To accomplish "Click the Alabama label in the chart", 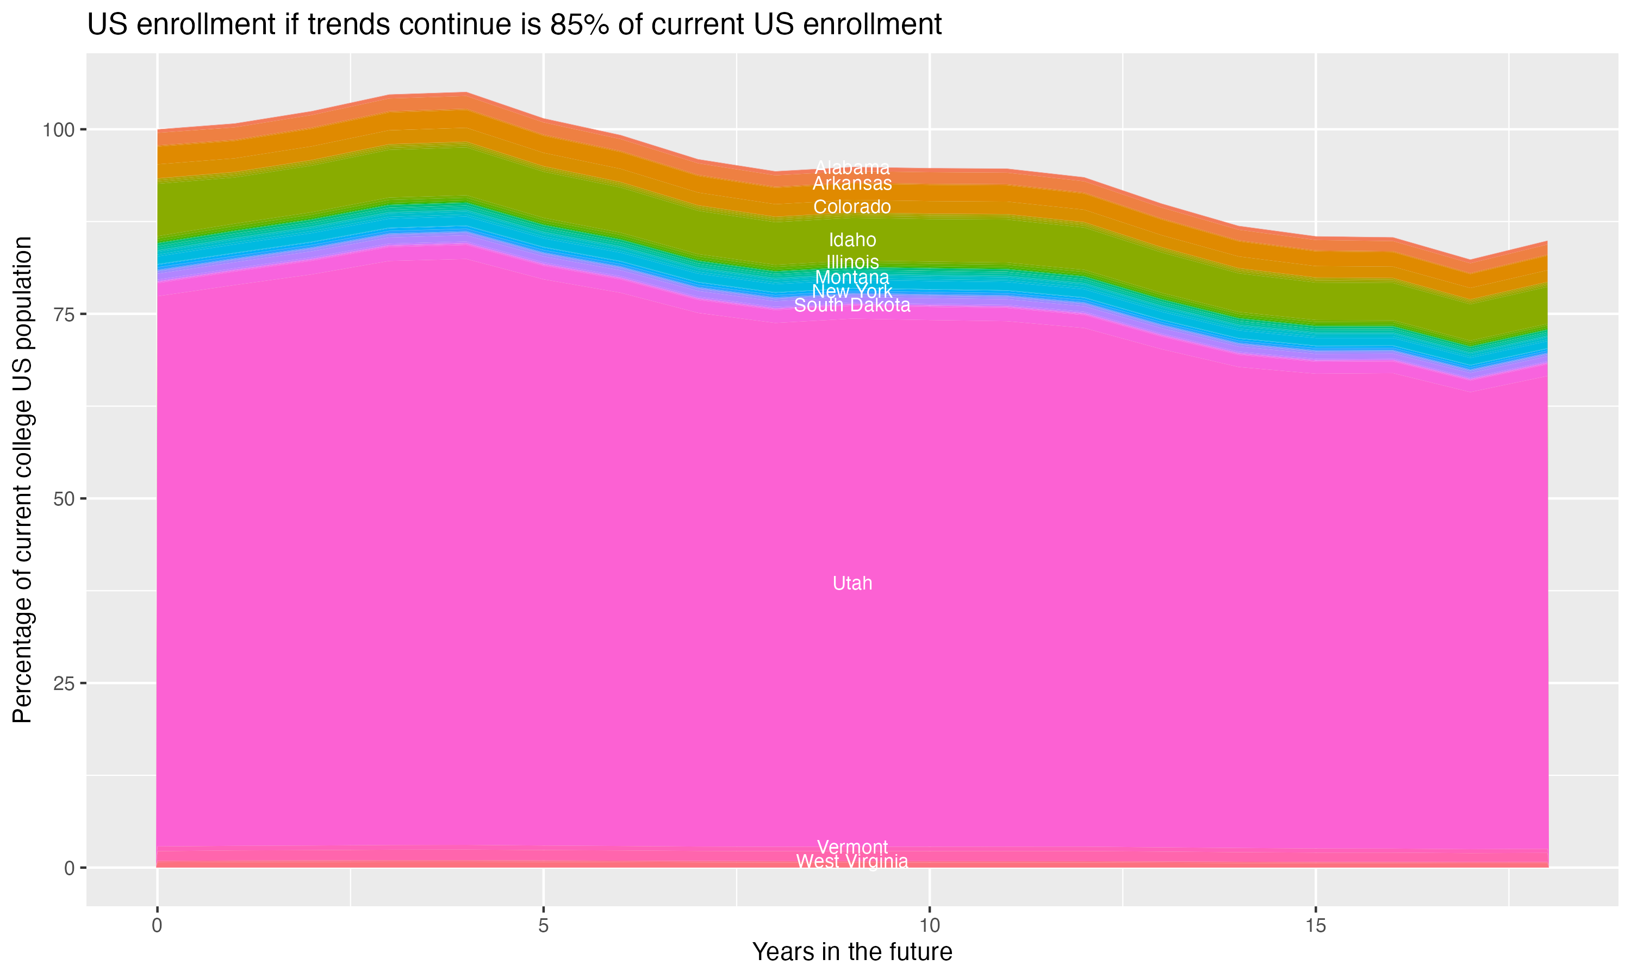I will click(852, 167).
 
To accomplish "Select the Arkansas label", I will click(852, 183).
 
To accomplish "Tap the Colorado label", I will click(852, 207).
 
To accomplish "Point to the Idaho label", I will click(852, 240).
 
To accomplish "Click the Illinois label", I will click(852, 262).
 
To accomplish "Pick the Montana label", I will click(852, 278).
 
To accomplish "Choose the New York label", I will click(852, 291).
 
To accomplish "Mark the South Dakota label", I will click(852, 305).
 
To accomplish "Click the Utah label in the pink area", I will click(852, 583).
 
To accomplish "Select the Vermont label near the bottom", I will click(852, 847).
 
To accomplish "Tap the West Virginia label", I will click(852, 861).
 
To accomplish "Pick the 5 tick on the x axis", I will click(543, 925).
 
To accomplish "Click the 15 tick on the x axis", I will click(1315, 925).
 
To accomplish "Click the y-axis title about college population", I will click(22, 480).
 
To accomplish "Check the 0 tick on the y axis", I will click(69, 868).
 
